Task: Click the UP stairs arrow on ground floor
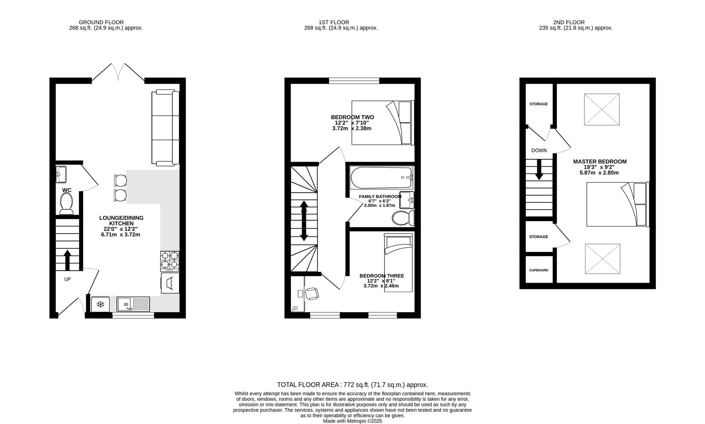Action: tap(67, 260)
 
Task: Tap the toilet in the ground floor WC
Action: tap(66, 204)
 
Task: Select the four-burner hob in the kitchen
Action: tap(170, 260)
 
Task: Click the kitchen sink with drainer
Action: tap(133, 304)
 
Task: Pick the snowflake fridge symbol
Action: tap(100, 304)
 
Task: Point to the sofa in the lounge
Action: tap(165, 128)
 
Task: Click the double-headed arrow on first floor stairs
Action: tap(304, 221)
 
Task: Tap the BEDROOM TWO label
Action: tap(352, 117)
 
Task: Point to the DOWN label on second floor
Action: tap(539, 150)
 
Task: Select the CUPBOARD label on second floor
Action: tap(538, 270)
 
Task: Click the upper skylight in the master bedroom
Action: tap(602, 110)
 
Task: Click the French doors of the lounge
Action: tap(118, 73)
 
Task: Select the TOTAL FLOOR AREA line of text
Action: tap(352, 385)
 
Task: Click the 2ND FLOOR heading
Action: tap(569, 22)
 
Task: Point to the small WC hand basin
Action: tap(61, 174)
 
